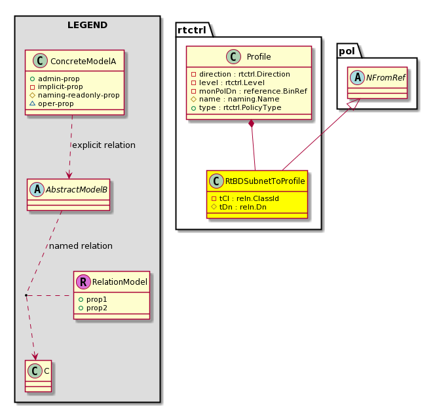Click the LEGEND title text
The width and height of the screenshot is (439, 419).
pyautogui.click(x=87, y=25)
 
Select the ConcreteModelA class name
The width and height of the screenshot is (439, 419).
pyautogui.click(x=83, y=62)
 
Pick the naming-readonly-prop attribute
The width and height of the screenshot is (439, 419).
pyautogui.click(x=75, y=96)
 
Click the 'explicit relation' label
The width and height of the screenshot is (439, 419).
pyautogui.click(x=104, y=145)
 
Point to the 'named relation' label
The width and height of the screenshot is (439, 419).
pyautogui.click(x=81, y=246)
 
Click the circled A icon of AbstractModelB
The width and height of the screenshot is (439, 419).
pyautogui.click(x=37, y=190)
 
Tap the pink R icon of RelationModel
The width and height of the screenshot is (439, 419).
pyautogui.click(x=83, y=282)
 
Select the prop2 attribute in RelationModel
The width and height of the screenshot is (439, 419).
pyautogui.click(x=93, y=308)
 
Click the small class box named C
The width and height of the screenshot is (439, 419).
pyautogui.click(x=39, y=376)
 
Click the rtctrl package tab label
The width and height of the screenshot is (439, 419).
pyautogui.click(x=192, y=30)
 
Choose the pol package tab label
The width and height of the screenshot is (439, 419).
pyautogui.click(x=347, y=51)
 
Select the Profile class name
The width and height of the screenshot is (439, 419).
pyautogui.click(x=259, y=57)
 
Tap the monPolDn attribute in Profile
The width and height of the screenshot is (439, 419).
pyautogui.click(x=249, y=91)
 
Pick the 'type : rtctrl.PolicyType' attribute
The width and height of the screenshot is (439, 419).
pyautogui.click(x=237, y=107)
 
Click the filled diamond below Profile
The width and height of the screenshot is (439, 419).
pyautogui.click(x=252, y=124)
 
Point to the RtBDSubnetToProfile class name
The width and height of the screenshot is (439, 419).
pyautogui.click(x=265, y=181)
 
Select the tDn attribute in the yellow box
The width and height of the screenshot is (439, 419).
pyautogui.click(x=239, y=208)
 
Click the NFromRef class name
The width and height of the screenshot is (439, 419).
pyautogui.click(x=385, y=78)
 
